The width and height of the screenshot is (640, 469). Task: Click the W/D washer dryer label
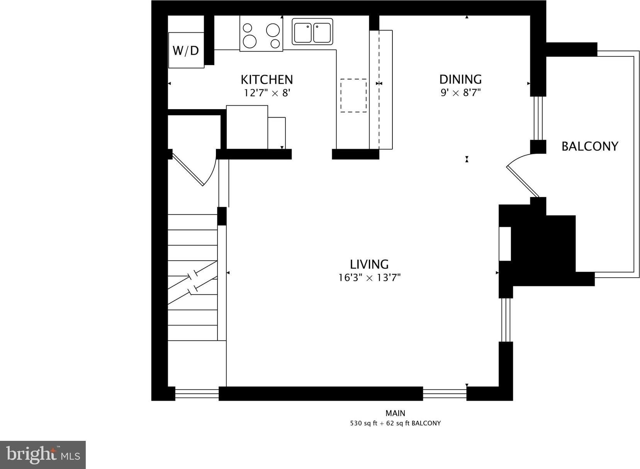(186, 51)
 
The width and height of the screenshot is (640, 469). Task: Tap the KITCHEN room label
(267, 79)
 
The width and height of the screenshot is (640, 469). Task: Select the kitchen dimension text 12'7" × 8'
(267, 93)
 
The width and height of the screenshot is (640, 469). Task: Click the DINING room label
(460, 79)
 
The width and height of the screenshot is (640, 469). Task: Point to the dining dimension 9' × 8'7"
(460, 93)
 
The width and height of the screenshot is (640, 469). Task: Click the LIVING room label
(369, 265)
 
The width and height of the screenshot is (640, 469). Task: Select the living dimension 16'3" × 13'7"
(369, 278)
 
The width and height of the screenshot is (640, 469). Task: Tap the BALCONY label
(590, 146)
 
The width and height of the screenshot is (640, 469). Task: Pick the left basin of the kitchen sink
(303, 33)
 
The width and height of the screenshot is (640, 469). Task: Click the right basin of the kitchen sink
(322, 33)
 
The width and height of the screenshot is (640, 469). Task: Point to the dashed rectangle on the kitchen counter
(353, 96)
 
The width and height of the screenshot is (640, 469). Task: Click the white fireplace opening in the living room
(505, 244)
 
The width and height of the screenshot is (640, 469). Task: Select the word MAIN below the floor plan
(396, 413)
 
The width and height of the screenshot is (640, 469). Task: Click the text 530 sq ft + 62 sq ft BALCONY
(396, 423)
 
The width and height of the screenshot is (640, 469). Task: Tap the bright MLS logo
(43, 455)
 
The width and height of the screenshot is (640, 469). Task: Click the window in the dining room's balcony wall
(538, 118)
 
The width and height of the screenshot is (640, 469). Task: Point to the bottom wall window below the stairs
(197, 394)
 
